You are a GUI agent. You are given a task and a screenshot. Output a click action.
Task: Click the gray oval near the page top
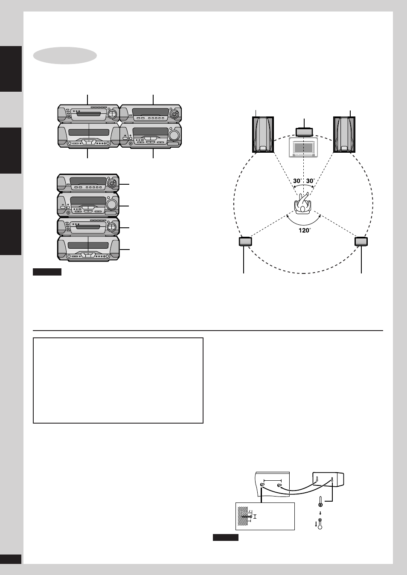[65, 55]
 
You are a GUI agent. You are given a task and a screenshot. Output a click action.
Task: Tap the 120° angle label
[305, 230]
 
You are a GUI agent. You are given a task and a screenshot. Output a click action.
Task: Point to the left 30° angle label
[297, 181]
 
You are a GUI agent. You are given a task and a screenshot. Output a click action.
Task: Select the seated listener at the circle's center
[303, 203]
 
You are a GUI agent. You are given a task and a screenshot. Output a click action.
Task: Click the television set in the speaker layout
[303, 147]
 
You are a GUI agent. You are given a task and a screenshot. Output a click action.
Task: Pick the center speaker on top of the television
[304, 132]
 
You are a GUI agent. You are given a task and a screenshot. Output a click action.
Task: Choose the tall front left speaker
[263, 134]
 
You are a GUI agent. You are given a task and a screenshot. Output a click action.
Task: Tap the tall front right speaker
[344, 134]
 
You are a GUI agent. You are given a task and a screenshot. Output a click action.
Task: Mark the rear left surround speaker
[245, 241]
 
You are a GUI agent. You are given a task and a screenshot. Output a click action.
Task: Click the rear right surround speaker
[361, 241]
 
